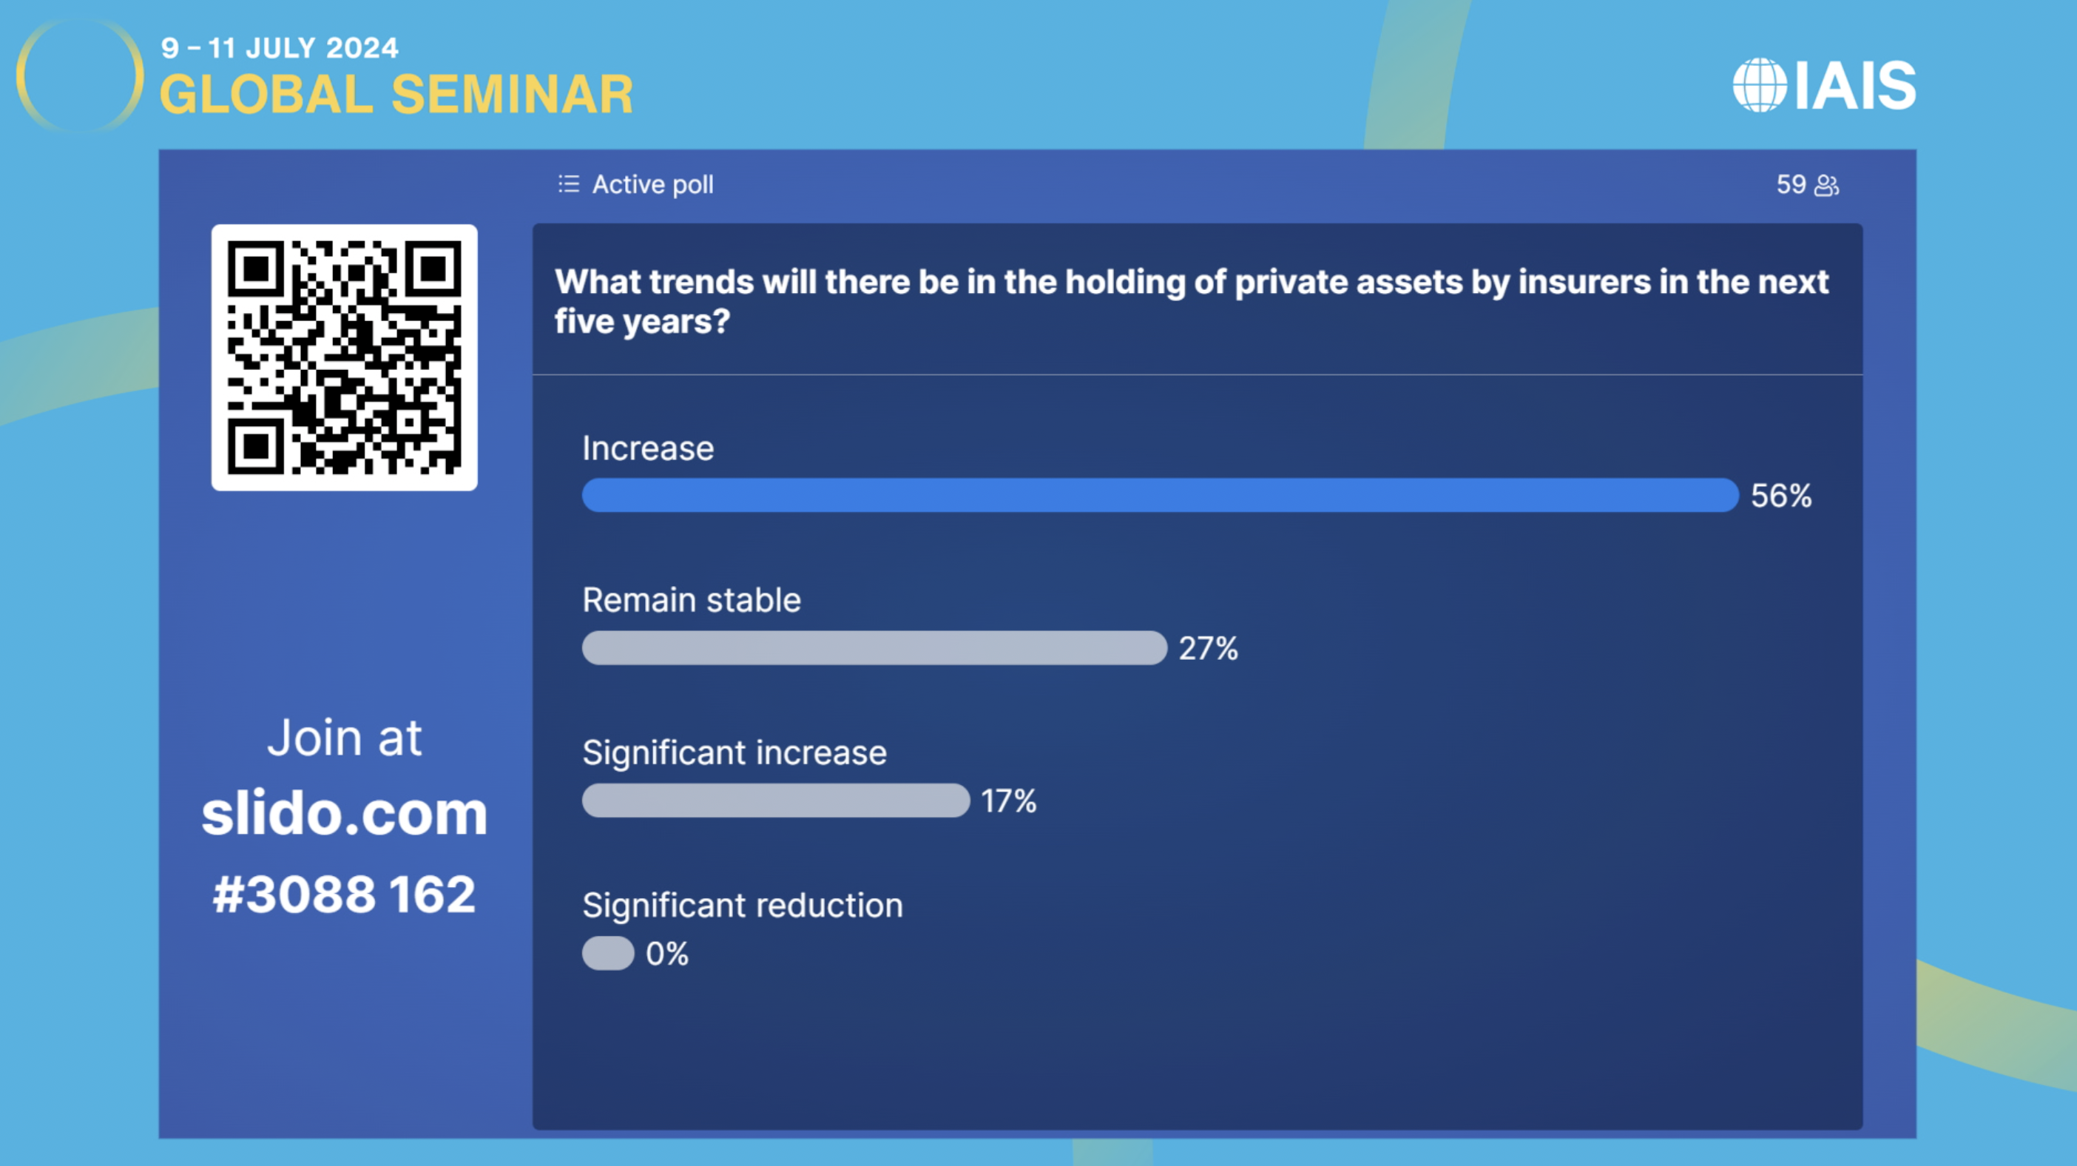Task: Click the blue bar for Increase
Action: [x=1160, y=495]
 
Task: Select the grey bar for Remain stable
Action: [x=874, y=647]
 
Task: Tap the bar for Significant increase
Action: [x=776, y=801]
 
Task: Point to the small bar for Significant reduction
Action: [x=608, y=953]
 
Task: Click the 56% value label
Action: [x=1781, y=496]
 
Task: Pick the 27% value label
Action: [x=1208, y=648]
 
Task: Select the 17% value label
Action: [x=1009, y=801]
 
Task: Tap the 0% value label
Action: [x=666, y=954]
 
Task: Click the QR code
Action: [x=344, y=357]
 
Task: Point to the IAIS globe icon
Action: [x=1760, y=84]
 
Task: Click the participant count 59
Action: [x=1791, y=185]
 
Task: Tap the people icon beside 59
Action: [x=1826, y=186]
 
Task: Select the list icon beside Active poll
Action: [x=568, y=183]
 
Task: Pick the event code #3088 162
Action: [x=344, y=894]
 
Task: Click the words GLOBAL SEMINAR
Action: [x=396, y=95]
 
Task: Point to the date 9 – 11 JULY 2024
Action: [x=280, y=47]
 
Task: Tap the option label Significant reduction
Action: [x=743, y=906]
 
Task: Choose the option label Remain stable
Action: [x=692, y=600]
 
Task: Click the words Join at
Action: [x=344, y=737]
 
